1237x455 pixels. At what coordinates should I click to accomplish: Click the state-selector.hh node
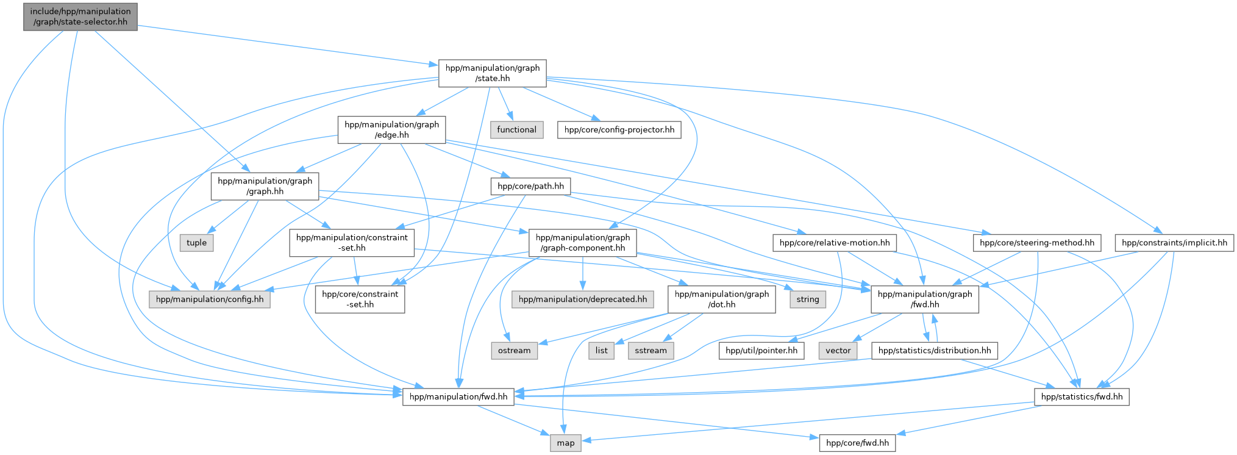[80, 16]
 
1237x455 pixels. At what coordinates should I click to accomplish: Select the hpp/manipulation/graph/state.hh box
[493, 73]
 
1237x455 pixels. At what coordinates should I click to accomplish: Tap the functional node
[516, 130]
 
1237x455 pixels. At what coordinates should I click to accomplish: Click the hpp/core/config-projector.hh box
[619, 130]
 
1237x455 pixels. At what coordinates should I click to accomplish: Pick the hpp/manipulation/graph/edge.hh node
[391, 130]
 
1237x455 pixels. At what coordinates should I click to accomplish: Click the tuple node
[196, 243]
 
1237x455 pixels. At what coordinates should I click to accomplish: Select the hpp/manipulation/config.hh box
[210, 299]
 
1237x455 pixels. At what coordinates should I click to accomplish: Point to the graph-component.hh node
[583, 243]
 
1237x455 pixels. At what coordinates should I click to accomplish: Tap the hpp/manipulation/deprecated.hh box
[582, 299]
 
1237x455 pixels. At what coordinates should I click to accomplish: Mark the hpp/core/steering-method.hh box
[1037, 243]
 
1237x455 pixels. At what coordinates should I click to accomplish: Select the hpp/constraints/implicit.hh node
[1174, 243]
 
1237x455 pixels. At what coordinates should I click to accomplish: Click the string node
[808, 299]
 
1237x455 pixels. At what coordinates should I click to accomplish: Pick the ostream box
[514, 351]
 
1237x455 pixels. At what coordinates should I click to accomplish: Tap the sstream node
[651, 351]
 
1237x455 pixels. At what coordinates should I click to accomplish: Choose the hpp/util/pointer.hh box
[761, 351]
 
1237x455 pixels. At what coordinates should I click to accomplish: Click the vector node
[838, 351]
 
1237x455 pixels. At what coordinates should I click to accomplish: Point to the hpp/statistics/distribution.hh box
[935, 351]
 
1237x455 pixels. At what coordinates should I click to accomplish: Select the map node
[565, 443]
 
